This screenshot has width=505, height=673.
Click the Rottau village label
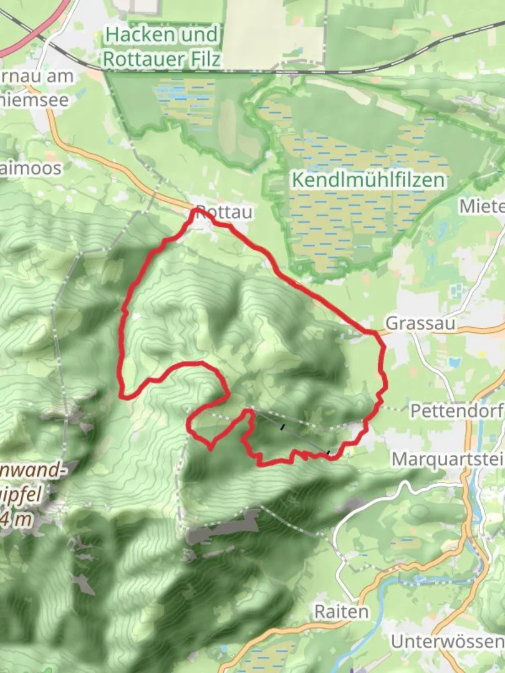(x=224, y=212)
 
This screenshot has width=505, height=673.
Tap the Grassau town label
(x=420, y=323)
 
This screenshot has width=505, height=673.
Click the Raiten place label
(x=340, y=611)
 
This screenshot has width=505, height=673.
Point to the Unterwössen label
(x=448, y=641)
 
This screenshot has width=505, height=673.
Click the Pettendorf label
(x=457, y=411)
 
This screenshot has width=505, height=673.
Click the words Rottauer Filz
(x=161, y=59)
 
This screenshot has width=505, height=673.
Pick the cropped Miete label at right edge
(x=482, y=206)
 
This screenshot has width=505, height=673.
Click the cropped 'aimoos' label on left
(x=31, y=168)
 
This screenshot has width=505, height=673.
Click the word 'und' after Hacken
(x=200, y=35)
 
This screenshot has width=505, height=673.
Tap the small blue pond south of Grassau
(x=453, y=362)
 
